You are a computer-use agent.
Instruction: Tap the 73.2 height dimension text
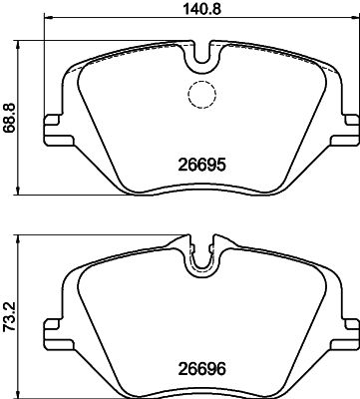tap(10, 312)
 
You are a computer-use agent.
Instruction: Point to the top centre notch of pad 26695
tap(202, 57)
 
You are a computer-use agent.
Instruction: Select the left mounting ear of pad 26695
tap(53, 131)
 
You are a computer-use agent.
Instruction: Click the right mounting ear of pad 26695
tap(349, 131)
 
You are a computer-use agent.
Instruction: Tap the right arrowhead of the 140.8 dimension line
tap(352, 27)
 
